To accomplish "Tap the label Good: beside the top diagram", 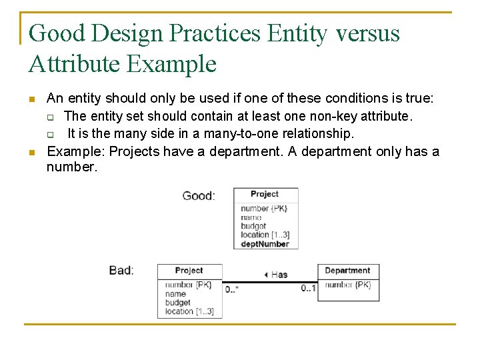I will [x=199, y=196].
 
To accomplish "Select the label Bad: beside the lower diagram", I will [x=121, y=271].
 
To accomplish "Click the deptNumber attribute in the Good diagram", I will [x=265, y=244].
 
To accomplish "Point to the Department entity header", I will [x=347, y=271].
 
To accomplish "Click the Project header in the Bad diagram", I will [x=189, y=271].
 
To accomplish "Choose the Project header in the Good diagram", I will [x=265, y=194].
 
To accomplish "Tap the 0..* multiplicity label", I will [x=232, y=289].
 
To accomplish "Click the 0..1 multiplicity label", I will [x=308, y=289].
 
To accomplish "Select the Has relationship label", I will [x=276, y=274].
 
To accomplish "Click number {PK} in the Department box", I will [x=347, y=285].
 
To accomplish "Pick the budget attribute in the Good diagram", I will [x=253, y=226].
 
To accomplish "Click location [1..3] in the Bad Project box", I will [x=189, y=311].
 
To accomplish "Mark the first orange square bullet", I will [x=31, y=99].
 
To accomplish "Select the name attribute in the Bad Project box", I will [x=175, y=293].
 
